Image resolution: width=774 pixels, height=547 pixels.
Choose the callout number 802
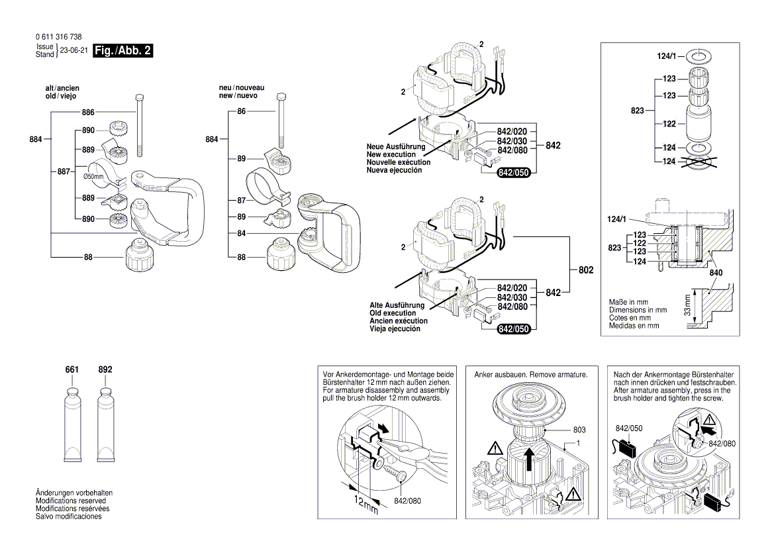click(586, 271)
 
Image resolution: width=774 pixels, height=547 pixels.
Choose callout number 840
click(715, 272)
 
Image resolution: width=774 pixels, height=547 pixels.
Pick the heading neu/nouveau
click(242, 88)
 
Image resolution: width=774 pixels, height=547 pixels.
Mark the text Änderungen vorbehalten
click(74, 493)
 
